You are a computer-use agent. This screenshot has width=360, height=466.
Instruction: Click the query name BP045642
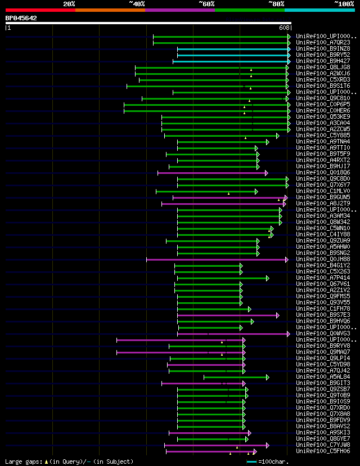[x=21, y=18]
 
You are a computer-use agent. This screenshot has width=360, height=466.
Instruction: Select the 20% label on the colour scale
[x=69, y=3]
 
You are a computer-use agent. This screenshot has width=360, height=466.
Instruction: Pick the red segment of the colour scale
[x=40, y=10]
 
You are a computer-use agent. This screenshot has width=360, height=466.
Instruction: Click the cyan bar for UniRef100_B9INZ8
[x=233, y=49]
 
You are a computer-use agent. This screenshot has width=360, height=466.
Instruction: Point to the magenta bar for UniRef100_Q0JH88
[x=217, y=259]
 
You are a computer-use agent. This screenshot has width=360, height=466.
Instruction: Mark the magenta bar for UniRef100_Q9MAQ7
[x=180, y=352]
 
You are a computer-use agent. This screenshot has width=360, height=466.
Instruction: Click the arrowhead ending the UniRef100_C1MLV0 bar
[x=256, y=191]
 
